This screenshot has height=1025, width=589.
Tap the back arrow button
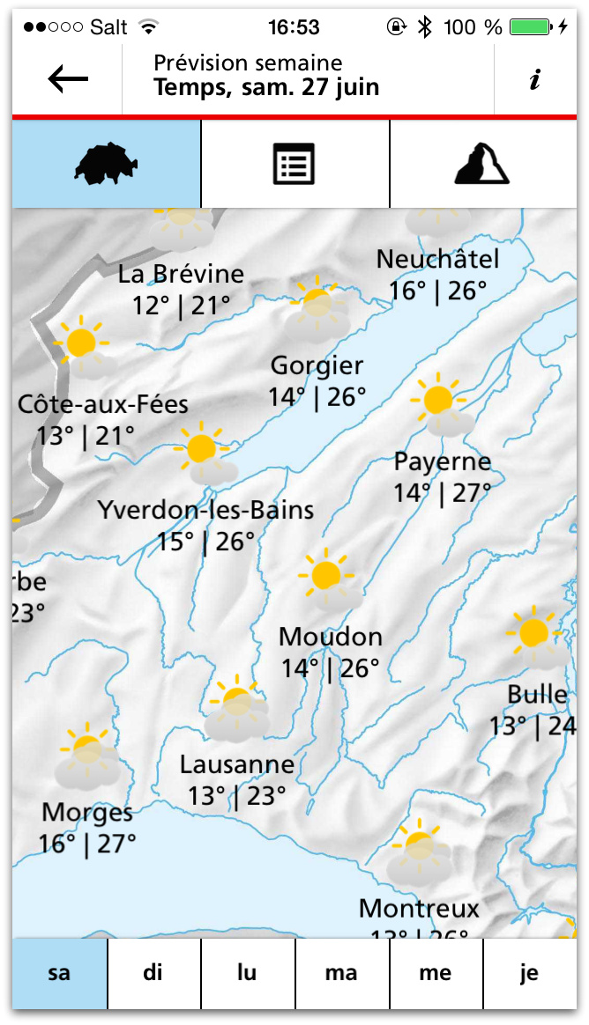pos(68,79)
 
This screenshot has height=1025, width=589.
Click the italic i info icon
pos(534,80)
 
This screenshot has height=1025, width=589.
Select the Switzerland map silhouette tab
pos(107,164)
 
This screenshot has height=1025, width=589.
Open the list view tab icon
pos(294,165)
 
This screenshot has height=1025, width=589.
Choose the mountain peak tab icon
pos(482,164)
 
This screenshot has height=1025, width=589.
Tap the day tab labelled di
pos(153,973)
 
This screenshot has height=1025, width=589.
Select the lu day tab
pos(247,973)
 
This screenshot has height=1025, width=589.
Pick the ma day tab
pos(341,973)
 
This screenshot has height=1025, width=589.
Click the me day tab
pos(436,973)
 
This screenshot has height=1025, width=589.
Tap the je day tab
pos(529,973)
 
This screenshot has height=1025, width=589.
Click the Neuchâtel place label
pos(437,259)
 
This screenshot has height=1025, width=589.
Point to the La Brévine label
pos(181,274)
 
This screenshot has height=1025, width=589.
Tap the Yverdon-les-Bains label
pos(205,510)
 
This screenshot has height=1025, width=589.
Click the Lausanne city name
pos(236,764)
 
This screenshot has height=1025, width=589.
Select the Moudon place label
pos(331,637)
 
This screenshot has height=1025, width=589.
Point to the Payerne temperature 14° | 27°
pos(443,493)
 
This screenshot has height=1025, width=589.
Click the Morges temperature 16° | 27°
pos(87,844)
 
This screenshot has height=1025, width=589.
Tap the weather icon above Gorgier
pos(317,308)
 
